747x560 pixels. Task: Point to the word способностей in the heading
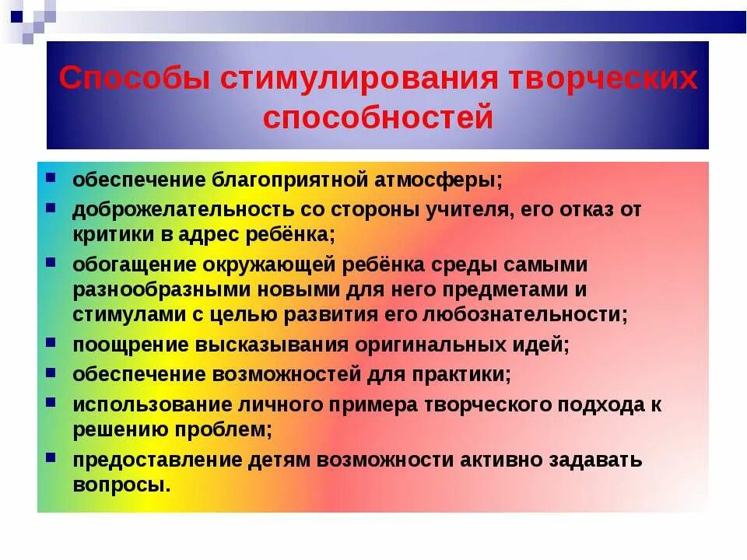378,117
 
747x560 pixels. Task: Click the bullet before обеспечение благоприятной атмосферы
51,177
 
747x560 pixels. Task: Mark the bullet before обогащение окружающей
51,262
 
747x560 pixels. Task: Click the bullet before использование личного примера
51,402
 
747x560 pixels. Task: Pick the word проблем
230,429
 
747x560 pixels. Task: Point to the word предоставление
156,460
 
